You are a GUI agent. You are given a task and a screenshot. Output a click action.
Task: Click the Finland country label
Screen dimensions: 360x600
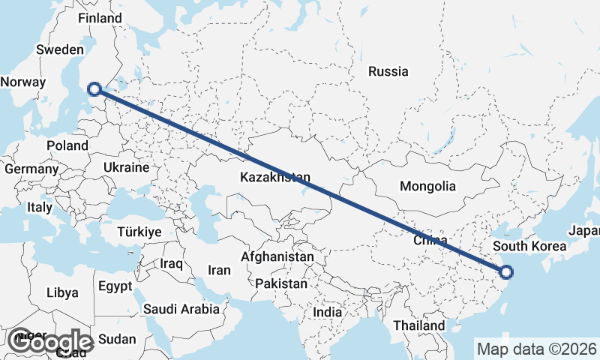pos(100,18)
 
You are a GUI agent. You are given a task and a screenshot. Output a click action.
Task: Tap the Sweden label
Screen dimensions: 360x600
pos(60,49)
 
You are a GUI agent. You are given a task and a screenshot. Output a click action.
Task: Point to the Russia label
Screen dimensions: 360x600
pos(388,72)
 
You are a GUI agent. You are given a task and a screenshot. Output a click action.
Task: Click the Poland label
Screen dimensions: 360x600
pos(67,145)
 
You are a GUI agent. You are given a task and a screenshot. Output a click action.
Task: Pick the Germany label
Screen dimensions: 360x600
pos(31,169)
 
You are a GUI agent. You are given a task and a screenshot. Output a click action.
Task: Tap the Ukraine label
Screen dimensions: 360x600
pos(127,167)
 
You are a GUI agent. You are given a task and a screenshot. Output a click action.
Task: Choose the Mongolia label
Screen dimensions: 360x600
pos(427,186)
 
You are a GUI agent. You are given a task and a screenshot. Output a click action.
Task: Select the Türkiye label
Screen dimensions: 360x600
pos(139,232)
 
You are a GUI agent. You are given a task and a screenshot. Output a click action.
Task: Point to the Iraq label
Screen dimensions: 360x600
pos(172,264)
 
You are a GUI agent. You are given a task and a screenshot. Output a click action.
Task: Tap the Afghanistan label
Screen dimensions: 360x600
pos(277,256)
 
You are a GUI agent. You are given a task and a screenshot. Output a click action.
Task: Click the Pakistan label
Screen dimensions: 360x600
pos(281,284)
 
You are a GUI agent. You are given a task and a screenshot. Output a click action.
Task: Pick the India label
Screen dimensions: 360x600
pos(327,312)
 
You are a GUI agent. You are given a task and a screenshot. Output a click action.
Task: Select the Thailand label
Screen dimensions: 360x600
pos(418,325)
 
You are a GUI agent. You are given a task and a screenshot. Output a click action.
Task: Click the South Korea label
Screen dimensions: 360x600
pos(530,246)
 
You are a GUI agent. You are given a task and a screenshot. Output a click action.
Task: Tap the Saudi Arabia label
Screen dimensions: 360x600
pos(181,309)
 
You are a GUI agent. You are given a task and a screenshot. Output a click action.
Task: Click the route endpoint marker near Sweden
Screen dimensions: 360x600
pos(94,89)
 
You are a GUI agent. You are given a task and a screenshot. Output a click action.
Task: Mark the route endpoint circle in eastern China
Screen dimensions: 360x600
pos(506,273)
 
